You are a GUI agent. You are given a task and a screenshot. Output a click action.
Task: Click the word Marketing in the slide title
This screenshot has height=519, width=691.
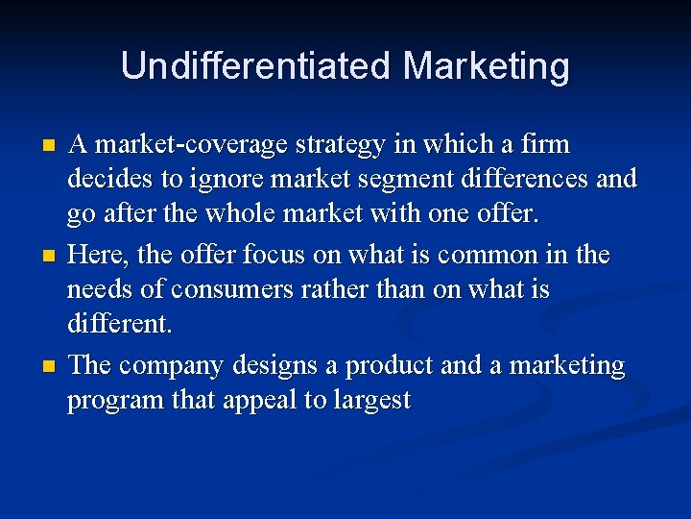pos(487,66)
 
